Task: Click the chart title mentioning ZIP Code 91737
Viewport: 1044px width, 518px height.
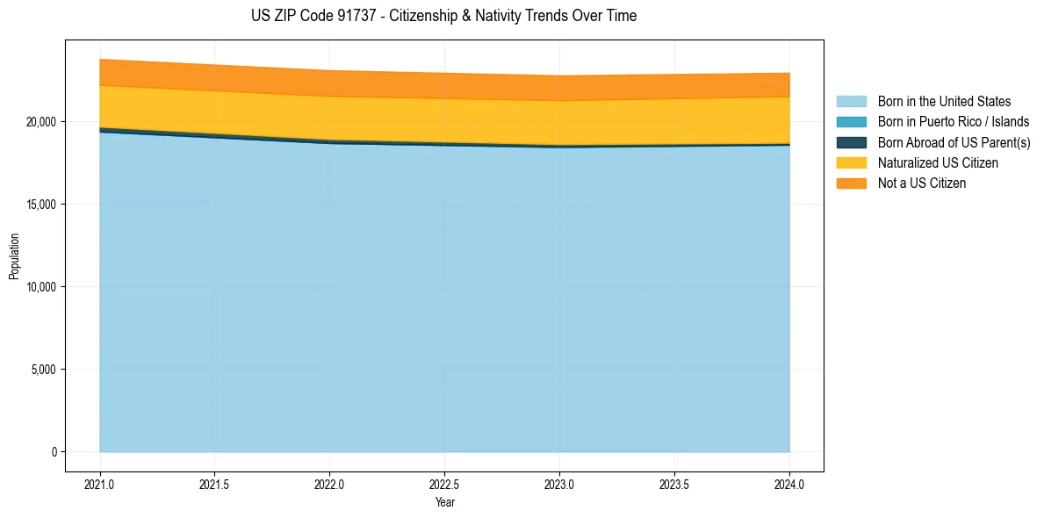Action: tap(443, 16)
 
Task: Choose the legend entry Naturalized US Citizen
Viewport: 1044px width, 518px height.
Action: tap(938, 163)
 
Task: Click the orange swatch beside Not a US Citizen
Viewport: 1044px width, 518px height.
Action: tap(851, 183)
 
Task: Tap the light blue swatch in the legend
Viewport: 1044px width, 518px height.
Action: tap(851, 102)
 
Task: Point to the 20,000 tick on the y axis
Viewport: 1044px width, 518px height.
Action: tap(42, 122)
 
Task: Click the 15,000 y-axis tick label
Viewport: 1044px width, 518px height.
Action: tap(42, 205)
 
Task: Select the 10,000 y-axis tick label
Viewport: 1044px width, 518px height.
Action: tap(42, 287)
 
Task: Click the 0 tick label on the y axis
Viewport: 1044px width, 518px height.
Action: tap(54, 452)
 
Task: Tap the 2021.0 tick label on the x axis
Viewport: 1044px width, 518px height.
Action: tap(100, 484)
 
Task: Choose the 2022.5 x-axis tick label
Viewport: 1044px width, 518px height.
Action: tap(444, 484)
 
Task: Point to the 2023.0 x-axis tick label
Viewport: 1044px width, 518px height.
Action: tap(559, 484)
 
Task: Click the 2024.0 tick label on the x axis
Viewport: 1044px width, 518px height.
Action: tap(789, 484)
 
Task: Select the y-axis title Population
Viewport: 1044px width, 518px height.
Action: tap(14, 255)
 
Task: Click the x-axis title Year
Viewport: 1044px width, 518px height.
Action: tap(444, 502)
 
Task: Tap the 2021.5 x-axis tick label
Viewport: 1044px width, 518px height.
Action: tap(215, 484)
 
